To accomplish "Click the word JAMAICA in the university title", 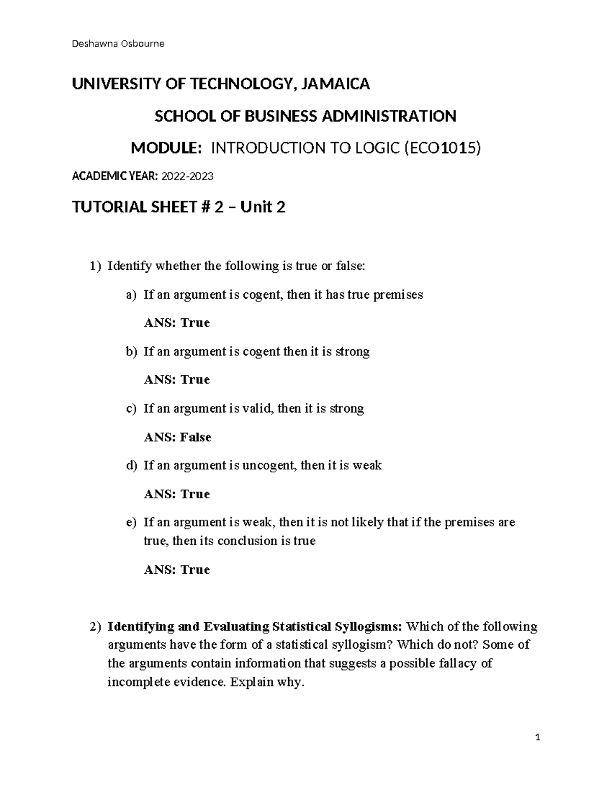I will coord(336,84).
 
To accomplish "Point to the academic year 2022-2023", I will coord(187,177).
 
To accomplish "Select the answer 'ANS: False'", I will coord(177,437).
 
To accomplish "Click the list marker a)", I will coord(132,295).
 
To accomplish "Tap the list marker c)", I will coord(132,408).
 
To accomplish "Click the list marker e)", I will coord(132,522).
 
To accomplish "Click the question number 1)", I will coord(95,266).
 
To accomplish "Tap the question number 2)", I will coord(95,626).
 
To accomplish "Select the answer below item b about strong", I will coord(177,380).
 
